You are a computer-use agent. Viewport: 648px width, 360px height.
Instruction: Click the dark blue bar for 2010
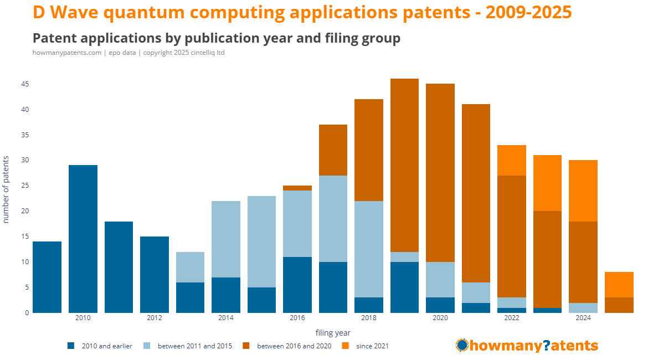pos(83,239)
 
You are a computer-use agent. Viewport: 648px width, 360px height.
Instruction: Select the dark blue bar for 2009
pos(47,277)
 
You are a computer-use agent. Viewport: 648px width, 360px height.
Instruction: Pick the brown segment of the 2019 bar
pos(405,166)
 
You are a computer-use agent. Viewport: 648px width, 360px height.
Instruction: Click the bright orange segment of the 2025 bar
pos(619,285)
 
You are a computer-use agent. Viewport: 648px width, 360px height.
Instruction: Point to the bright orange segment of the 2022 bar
pos(512,161)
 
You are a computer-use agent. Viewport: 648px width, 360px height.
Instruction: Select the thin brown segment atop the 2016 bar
pos(297,188)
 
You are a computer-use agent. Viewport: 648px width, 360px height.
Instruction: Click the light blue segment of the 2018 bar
pos(369,249)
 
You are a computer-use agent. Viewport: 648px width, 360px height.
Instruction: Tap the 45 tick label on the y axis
pos(25,84)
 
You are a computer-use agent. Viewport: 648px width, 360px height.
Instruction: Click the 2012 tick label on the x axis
pos(155,318)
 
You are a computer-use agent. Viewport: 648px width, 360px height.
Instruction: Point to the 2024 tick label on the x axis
pos(583,318)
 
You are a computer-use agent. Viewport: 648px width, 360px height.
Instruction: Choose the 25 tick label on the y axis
pos(25,186)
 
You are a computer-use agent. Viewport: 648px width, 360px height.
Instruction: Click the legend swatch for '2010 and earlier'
pos(71,346)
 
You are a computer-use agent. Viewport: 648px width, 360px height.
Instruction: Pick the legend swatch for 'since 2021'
pos(346,346)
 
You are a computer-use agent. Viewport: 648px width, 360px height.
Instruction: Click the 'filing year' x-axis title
pos(333,333)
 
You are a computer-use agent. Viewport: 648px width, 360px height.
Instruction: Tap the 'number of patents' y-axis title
pos(7,189)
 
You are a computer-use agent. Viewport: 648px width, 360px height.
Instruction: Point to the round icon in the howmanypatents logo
pos(462,346)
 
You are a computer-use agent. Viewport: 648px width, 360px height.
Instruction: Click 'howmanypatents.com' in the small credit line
pos(67,53)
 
